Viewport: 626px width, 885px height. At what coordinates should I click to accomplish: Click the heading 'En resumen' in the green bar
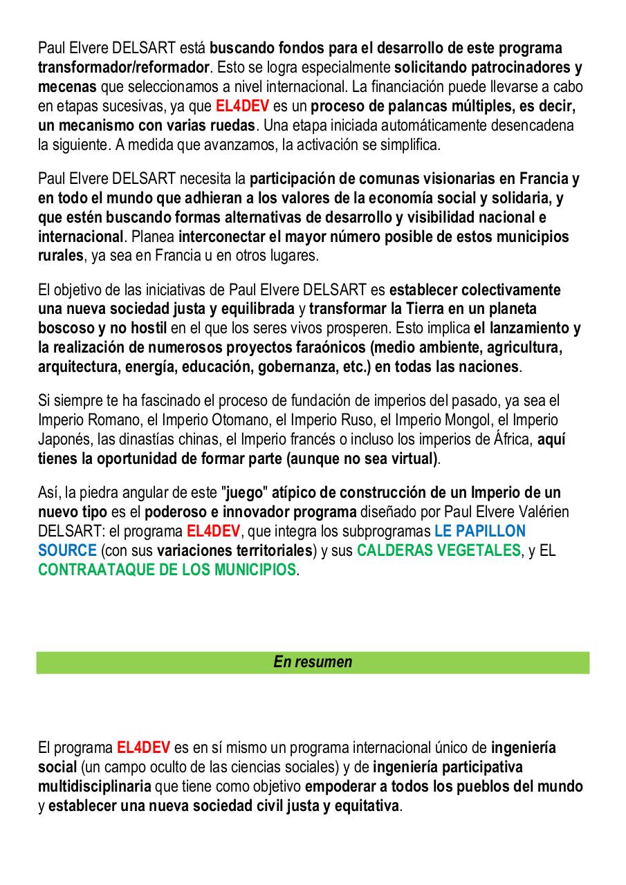point(313,662)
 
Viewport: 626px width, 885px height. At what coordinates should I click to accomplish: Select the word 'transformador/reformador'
point(123,68)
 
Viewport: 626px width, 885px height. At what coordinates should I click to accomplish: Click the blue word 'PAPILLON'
point(489,532)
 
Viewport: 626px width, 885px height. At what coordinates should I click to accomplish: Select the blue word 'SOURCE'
point(67,551)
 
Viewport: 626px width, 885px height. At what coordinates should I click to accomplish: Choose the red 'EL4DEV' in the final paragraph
point(143,748)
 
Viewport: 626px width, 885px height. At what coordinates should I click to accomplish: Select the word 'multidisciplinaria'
point(95,787)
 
